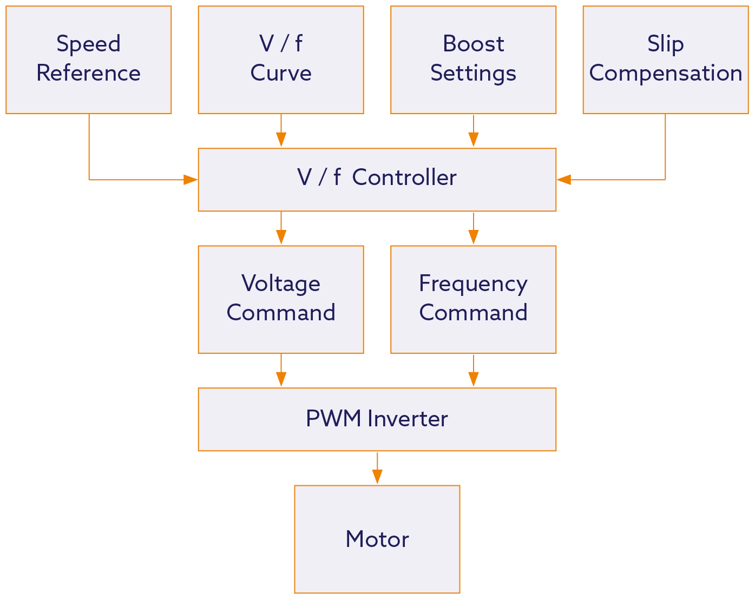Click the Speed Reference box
[x=88, y=60]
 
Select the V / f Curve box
[x=281, y=60]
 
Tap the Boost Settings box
[x=473, y=60]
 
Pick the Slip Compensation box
[x=665, y=60]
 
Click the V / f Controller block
[x=377, y=179]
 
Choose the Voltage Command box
[x=281, y=299]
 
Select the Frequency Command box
[x=473, y=299]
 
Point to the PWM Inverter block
[x=377, y=419]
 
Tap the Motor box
[x=377, y=539]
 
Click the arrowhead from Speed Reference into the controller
[x=189, y=179]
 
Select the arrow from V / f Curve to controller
[x=281, y=131]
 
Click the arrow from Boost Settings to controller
[x=474, y=131]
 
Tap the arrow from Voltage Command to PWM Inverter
[x=281, y=371]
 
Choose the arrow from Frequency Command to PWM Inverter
[x=474, y=371]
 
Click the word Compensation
[x=665, y=74]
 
